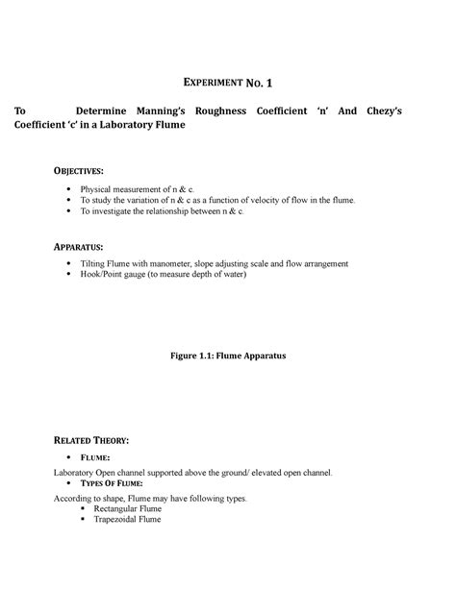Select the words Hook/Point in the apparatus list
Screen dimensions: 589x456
(x=104, y=274)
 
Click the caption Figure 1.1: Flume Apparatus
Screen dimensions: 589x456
(x=228, y=356)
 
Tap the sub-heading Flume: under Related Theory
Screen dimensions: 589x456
(x=96, y=458)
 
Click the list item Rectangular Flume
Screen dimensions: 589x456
(x=126, y=509)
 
